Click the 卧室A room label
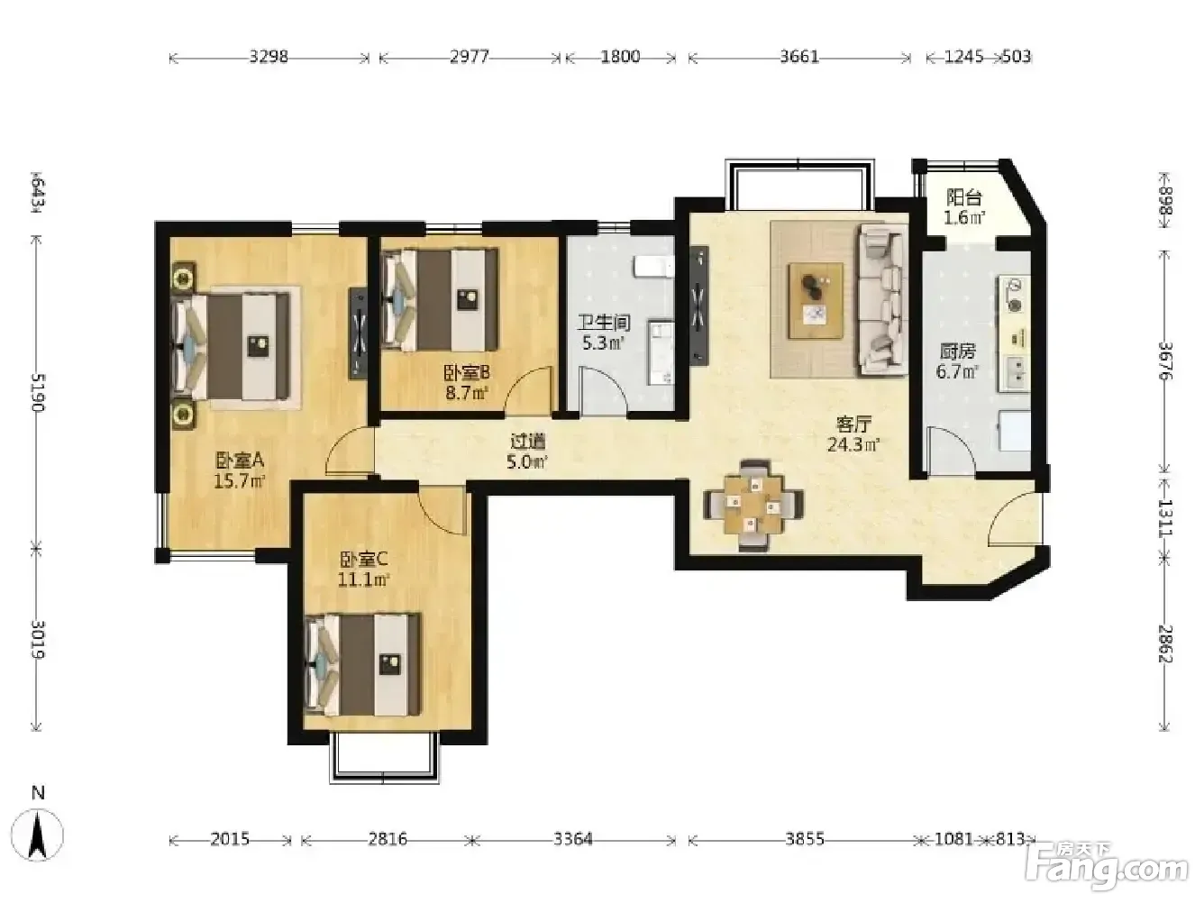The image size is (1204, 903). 240,460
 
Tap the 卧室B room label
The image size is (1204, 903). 466,373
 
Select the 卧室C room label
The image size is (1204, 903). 364,560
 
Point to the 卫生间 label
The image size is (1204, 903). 604,323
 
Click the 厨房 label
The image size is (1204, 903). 957,351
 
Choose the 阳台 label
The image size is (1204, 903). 963,197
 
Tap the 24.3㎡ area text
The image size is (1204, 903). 853,444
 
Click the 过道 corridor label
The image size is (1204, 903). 528,441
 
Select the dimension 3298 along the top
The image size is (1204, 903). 269,57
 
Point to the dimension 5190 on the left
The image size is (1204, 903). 38,392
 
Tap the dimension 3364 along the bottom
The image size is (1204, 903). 572,839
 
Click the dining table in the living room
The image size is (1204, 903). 753,506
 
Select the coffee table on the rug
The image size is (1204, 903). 816,300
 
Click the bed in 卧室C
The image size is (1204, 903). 362,664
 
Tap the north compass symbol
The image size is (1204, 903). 37,835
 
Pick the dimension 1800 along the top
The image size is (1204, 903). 620,57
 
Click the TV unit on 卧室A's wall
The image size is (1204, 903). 358,333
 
